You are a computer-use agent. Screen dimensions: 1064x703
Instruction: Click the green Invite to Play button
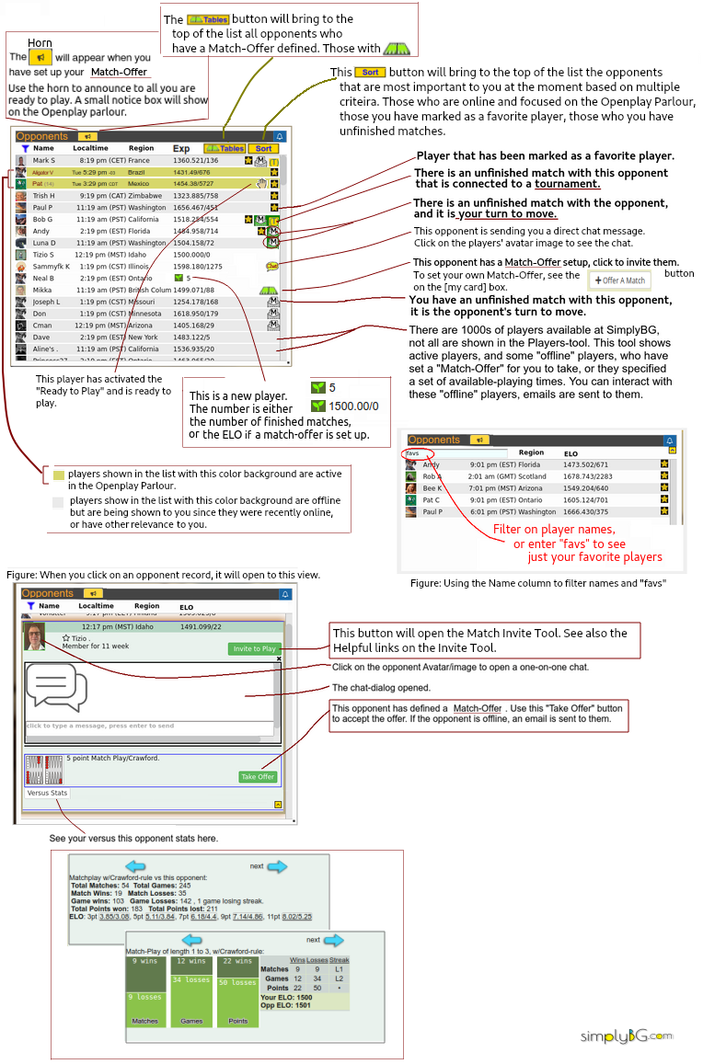(254, 648)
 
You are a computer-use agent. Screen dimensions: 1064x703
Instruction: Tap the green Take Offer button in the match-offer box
(259, 776)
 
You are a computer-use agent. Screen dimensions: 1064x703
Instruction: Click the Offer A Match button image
(620, 280)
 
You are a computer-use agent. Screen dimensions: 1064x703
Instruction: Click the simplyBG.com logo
(626, 1036)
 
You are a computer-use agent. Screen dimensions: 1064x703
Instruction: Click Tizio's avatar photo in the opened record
(35, 636)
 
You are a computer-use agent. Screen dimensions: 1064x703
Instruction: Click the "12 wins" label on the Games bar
(191, 961)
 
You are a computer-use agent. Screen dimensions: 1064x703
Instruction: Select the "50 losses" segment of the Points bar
(237, 982)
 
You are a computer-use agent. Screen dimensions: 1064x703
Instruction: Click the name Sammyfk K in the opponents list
(52, 266)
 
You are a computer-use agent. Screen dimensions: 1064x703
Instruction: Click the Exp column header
(181, 148)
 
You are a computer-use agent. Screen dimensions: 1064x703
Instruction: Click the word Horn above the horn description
(40, 43)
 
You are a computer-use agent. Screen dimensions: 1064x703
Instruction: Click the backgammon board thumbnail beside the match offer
(44, 769)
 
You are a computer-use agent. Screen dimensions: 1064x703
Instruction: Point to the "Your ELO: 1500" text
(288, 997)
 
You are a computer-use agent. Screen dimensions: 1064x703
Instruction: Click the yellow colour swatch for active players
(59, 475)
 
